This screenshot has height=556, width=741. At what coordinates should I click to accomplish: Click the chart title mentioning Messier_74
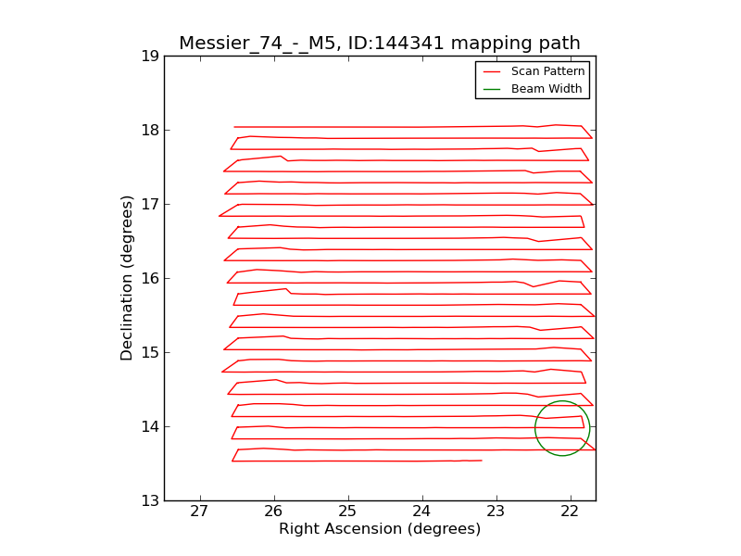coord(379,44)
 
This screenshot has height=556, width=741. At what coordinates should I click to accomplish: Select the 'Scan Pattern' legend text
coord(548,71)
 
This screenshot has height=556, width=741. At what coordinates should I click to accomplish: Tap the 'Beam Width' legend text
coord(546,89)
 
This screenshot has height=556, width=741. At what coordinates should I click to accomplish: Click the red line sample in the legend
coord(492,71)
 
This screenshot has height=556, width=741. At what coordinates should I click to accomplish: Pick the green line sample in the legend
coord(492,89)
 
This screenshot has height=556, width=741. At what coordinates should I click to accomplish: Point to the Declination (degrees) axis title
coord(128,278)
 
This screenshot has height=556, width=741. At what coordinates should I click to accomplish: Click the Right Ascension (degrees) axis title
coord(380,529)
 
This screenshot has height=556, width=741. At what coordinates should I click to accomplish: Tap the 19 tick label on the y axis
coord(148,56)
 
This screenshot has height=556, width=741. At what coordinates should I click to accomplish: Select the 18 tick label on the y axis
coord(148,130)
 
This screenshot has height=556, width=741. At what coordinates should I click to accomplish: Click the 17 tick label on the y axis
coord(148,204)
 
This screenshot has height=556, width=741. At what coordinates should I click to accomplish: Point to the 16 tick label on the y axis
coord(148,278)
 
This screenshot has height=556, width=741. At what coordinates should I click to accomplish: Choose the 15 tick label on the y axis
coord(148,352)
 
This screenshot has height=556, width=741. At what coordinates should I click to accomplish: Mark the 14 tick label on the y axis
coord(148,426)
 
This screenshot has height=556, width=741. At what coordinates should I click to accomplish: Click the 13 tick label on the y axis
coord(148,500)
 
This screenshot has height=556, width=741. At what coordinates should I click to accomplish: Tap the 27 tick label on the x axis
coord(199,512)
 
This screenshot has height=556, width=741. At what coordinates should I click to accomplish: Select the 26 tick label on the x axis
coord(273,512)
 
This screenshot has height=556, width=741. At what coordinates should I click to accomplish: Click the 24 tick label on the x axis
coord(421,512)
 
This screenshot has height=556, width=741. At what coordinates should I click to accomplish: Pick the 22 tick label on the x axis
coord(570,512)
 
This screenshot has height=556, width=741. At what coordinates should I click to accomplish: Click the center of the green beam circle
coord(562,428)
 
